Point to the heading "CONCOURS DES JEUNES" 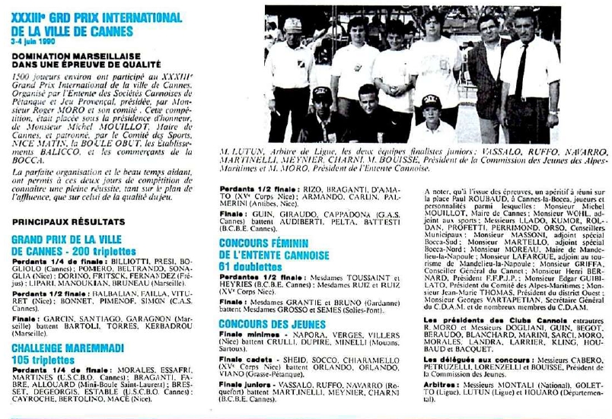[273, 324]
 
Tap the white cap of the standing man [293, 25]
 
